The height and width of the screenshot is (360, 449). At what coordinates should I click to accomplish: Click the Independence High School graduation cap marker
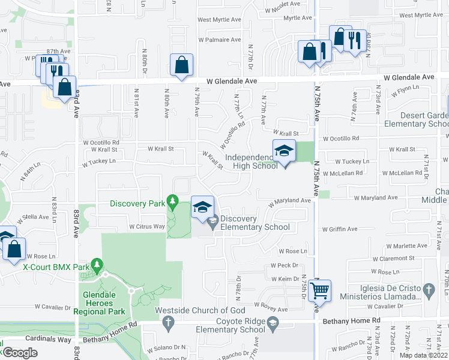click(x=284, y=151)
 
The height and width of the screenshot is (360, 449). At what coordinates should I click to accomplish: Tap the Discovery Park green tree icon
click(x=173, y=200)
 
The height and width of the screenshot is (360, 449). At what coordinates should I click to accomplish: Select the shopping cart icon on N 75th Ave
click(x=321, y=291)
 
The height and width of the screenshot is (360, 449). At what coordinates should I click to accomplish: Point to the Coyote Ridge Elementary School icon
click(x=273, y=325)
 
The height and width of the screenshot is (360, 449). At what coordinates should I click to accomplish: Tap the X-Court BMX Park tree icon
click(x=98, y=265)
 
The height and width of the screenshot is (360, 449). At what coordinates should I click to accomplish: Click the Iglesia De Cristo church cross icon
click(x=429, y=291)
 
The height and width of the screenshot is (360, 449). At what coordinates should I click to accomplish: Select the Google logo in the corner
click(x=20, y=352)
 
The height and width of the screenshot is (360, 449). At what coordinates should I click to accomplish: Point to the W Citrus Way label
click(x=147, y=227)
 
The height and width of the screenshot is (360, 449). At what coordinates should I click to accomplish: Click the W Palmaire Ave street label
click(x=219, y=40)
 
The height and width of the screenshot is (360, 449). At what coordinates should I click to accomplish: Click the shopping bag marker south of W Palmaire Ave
click(x=181, y=65)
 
